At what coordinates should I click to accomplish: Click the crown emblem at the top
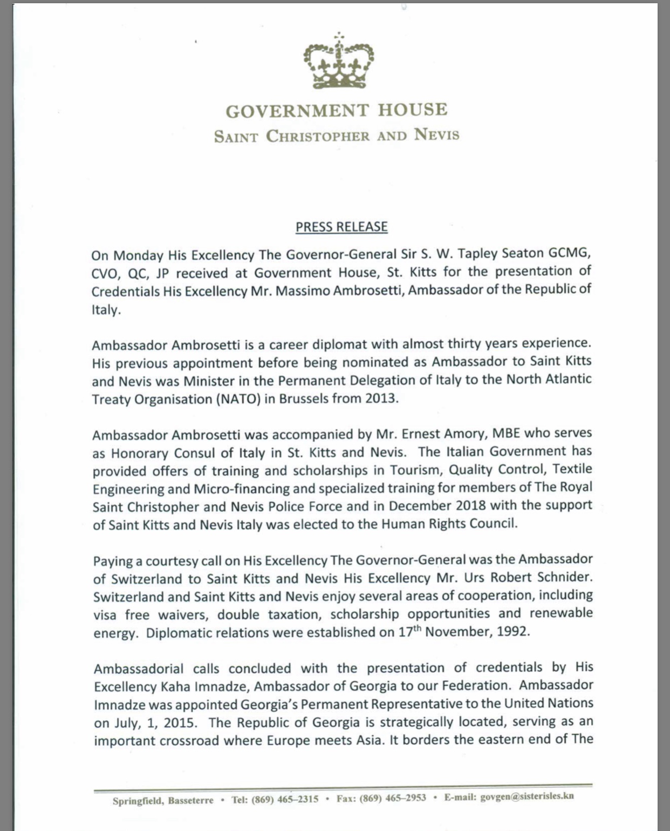[x=338, y=61]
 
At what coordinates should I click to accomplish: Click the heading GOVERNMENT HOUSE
[x=336, y=111]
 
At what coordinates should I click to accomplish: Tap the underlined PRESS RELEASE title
[x=341, y=227]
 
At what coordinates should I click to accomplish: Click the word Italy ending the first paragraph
[x=104, y=310]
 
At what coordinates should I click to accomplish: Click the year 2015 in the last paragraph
[x=186, y=722]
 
